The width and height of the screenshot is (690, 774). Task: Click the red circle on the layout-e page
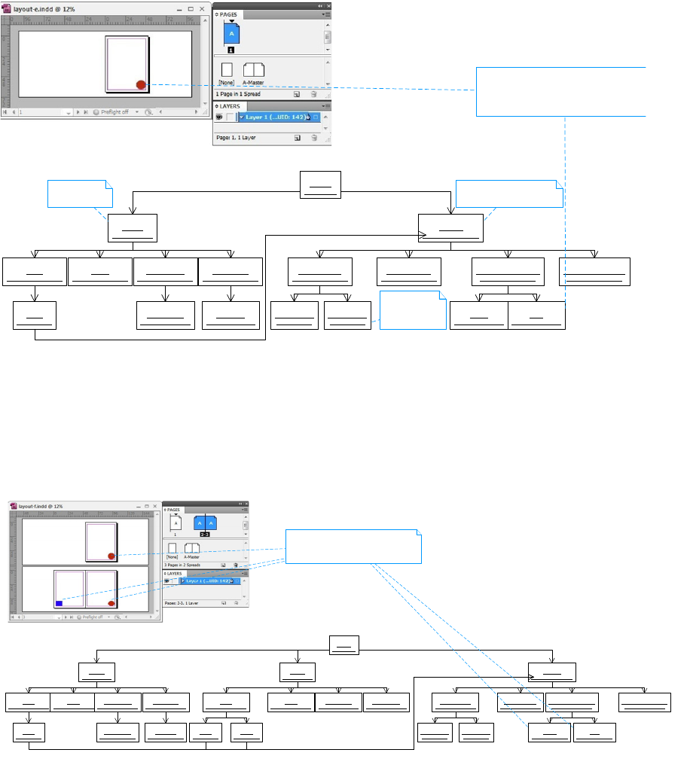click(141, 84)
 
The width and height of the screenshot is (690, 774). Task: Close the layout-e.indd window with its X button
click(202, 8)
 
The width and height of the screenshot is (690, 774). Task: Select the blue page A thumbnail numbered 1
click(231, 35)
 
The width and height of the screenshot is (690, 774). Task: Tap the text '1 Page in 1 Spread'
click(238, 94)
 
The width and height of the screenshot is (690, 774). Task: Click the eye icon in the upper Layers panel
click(219, 117)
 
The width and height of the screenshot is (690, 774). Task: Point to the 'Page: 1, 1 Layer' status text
click(240, 138)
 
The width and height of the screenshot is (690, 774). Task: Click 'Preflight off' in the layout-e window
click(114, 112)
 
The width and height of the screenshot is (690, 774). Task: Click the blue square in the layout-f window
click(59, 603)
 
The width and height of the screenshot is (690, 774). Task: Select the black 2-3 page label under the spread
click(204, 534)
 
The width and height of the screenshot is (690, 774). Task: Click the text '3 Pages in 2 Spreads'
click(185, 564)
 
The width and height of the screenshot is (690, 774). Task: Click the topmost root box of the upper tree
click(320, 184)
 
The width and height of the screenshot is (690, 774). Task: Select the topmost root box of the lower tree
click(344, 645)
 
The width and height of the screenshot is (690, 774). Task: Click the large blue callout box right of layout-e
click(561, 91)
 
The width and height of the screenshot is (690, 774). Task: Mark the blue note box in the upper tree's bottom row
click(413, 309)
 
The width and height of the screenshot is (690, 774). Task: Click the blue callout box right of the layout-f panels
click(353, 547)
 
